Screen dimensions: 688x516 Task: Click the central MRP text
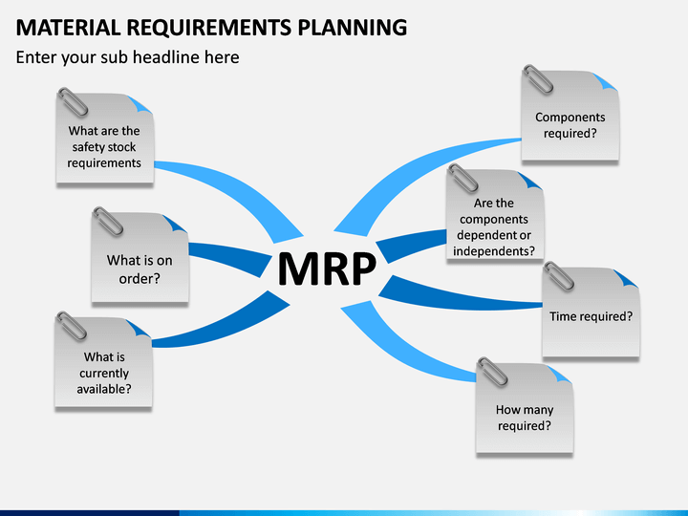pos(327,269)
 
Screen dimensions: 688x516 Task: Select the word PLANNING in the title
pos(353,27)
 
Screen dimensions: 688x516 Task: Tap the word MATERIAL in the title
pos(68,27)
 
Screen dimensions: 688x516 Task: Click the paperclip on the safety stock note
pos(73,102)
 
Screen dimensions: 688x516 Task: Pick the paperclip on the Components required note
pos(538,79)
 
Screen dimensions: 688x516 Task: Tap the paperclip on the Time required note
pos(559,276)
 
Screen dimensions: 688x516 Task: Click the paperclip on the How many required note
pos(492,372)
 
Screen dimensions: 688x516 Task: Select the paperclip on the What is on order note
pos(108,222)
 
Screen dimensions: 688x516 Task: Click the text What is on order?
pos(140,269)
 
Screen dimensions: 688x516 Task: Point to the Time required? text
pos(591,316)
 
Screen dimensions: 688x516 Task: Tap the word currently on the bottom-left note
pos(104,374)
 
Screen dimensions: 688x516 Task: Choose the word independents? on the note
pos(494,251)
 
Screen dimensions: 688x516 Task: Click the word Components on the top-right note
pos(570,118)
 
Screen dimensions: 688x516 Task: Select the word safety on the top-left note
pos(86,147)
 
